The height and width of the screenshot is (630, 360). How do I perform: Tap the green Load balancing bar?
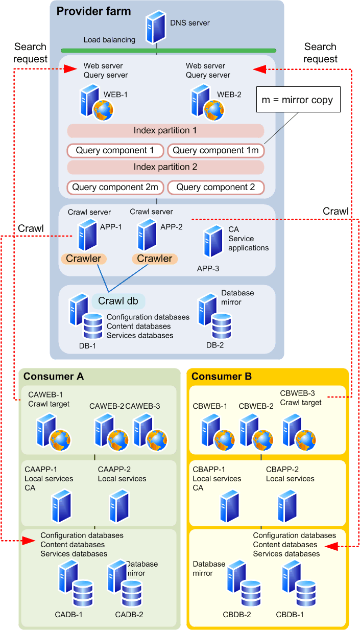point(169,51)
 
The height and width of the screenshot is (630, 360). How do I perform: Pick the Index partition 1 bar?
point(165,131)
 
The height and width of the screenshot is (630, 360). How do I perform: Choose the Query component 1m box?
point(216,151)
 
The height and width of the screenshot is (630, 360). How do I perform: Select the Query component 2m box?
point(115,188)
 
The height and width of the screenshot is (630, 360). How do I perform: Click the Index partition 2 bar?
point(165,167)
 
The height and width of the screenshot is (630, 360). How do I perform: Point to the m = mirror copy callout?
point(297,100)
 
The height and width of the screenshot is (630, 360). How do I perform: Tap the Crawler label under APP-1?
point(84,259)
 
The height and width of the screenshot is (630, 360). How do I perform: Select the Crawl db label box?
point(118,301)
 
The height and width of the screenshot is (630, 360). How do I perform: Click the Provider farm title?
point(93,11)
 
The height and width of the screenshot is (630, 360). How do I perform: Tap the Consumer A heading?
point(54,377)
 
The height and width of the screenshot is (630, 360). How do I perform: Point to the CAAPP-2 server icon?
point(119,505)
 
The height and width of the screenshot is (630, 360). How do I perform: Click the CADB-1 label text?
point(69,614)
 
